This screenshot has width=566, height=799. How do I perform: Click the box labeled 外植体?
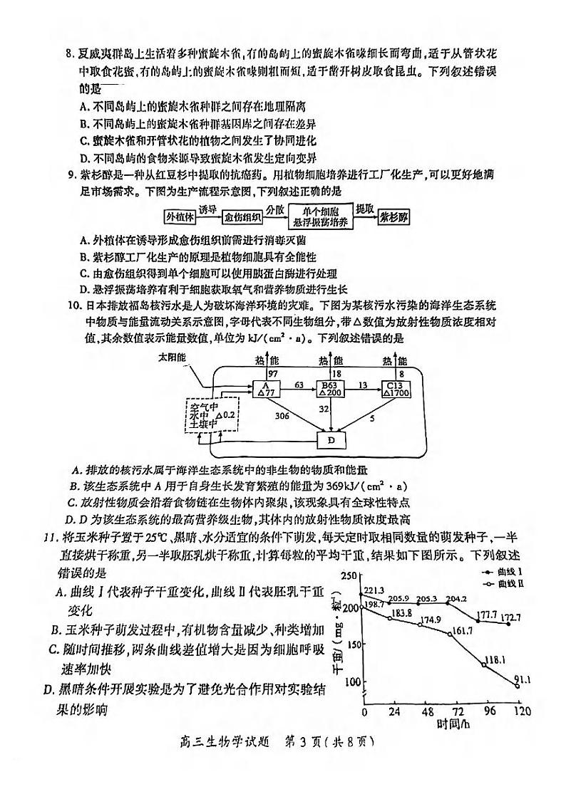click(180, 216)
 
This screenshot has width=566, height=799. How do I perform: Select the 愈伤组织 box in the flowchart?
click(242, 216)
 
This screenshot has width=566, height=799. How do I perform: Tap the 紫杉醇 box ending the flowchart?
click(394, 216)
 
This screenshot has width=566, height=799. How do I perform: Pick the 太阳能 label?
click(172, 356)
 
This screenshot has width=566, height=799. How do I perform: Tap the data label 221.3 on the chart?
click(374, 590)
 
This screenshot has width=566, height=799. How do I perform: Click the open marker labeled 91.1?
click(518, 685)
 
